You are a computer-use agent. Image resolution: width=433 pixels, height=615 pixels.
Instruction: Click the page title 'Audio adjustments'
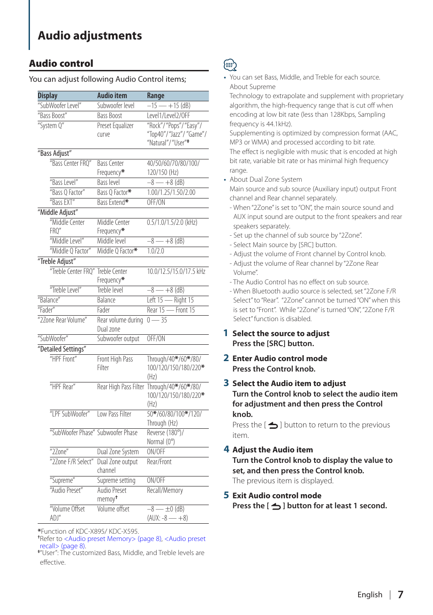90,36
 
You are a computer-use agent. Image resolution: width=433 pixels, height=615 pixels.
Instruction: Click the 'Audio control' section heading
61,64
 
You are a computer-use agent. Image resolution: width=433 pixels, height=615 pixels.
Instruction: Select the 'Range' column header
156,96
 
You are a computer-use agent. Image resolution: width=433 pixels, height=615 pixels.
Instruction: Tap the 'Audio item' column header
112,96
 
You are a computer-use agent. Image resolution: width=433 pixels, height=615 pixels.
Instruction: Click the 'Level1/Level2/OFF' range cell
168,116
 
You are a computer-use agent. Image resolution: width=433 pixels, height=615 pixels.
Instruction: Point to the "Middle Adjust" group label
58,213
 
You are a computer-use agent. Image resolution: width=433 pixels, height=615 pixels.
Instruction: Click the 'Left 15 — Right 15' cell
170,300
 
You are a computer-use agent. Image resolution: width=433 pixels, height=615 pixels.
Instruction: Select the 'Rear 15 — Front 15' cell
171,310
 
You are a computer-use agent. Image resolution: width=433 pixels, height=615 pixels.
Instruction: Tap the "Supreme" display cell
62,481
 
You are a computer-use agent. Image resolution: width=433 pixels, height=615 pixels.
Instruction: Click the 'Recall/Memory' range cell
165,491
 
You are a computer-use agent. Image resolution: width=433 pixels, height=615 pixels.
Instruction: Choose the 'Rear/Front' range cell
159,462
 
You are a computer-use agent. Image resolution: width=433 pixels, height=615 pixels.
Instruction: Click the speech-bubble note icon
230,65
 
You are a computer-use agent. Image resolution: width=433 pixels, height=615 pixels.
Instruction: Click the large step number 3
226,383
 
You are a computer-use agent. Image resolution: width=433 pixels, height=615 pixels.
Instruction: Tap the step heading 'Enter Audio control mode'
280,358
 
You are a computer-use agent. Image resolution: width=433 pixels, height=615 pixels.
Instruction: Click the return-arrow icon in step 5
276,506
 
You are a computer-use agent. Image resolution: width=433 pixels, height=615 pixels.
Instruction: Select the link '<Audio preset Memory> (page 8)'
113,539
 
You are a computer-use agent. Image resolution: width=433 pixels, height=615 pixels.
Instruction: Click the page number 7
400,595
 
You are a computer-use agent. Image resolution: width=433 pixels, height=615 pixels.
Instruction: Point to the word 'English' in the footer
369,595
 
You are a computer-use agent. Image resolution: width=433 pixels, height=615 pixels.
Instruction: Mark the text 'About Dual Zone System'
266,179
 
